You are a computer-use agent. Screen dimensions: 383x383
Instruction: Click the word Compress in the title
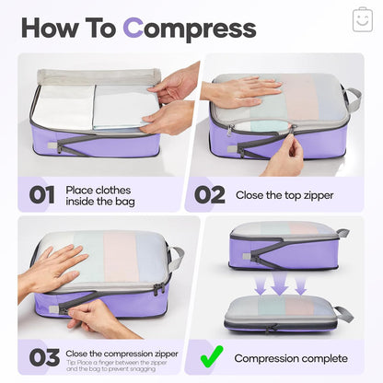coord(190,28)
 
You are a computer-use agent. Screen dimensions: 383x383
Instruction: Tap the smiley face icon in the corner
coord(362,19)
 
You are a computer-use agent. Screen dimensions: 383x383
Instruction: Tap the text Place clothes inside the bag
coord(103,195)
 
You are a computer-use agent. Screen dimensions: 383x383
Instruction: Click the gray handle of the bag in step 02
coord(353,99)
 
